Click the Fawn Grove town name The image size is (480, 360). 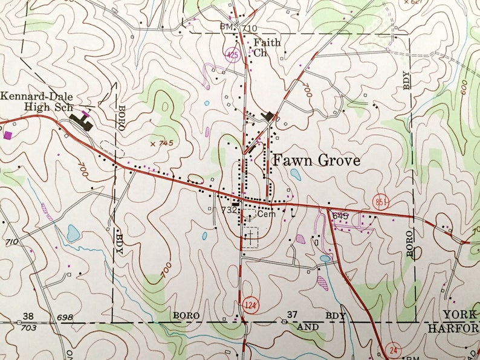tap(316, 161)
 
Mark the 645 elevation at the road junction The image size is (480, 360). tap(340, 215)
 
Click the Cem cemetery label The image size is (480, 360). tap(266, 214)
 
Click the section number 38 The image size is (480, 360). tap(28, 317)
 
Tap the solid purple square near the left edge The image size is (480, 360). tap(8, 135)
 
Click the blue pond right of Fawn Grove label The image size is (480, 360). tap(296, 175)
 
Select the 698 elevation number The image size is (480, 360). tap(65, 318)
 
